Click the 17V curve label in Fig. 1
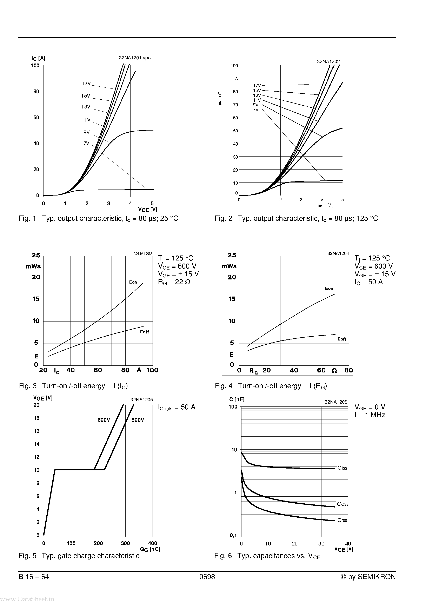pyautogui.click(x=86, y=84)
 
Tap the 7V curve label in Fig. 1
pyautogui.click(x=86, y=143)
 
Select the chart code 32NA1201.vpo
pyautogui.click(x=135, y=58)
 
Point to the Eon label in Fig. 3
pyautogui.click(x=133, y=282)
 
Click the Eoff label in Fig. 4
pyautogui.click(x=342, y=339)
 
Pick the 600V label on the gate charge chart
pyautogui.click(x=104, y=420)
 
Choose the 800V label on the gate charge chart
pyautogui.click(x=138, y=420)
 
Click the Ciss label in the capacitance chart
pyautogui.click(x=342, y=468)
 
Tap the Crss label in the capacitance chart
pyautogui.click(x=342, y=520)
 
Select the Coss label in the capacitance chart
pyautogui.click(x=342, y=504)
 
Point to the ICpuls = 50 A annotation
pyautogui.click(x=177, y=407)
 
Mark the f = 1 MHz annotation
pyautogui.click(x=370, y=415)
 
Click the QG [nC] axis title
pyautogui.click(x=150, y=549)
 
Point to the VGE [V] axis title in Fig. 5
pyautogui.click(x=43, y=398)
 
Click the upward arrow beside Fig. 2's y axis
pyautogui.click(x=220, y=108)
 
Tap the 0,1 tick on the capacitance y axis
pyautogui.click(x=233, y=535)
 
